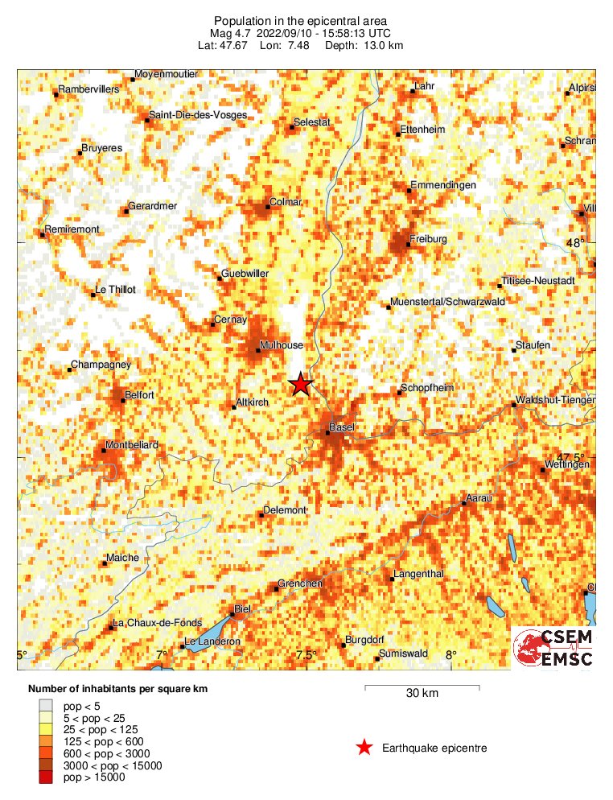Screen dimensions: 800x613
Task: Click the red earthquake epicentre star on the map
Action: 300,384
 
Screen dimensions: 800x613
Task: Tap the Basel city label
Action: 342,427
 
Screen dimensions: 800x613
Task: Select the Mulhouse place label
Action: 281,345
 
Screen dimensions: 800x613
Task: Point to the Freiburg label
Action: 427,239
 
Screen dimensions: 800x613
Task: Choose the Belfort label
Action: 139,394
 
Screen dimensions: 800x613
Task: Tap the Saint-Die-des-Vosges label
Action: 198,115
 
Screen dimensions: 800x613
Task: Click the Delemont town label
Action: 285,510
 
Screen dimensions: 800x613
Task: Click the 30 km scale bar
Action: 422,687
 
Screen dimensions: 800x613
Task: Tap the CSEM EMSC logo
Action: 553,649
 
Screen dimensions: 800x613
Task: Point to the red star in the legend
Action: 364,748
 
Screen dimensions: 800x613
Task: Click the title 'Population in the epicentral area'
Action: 300,20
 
